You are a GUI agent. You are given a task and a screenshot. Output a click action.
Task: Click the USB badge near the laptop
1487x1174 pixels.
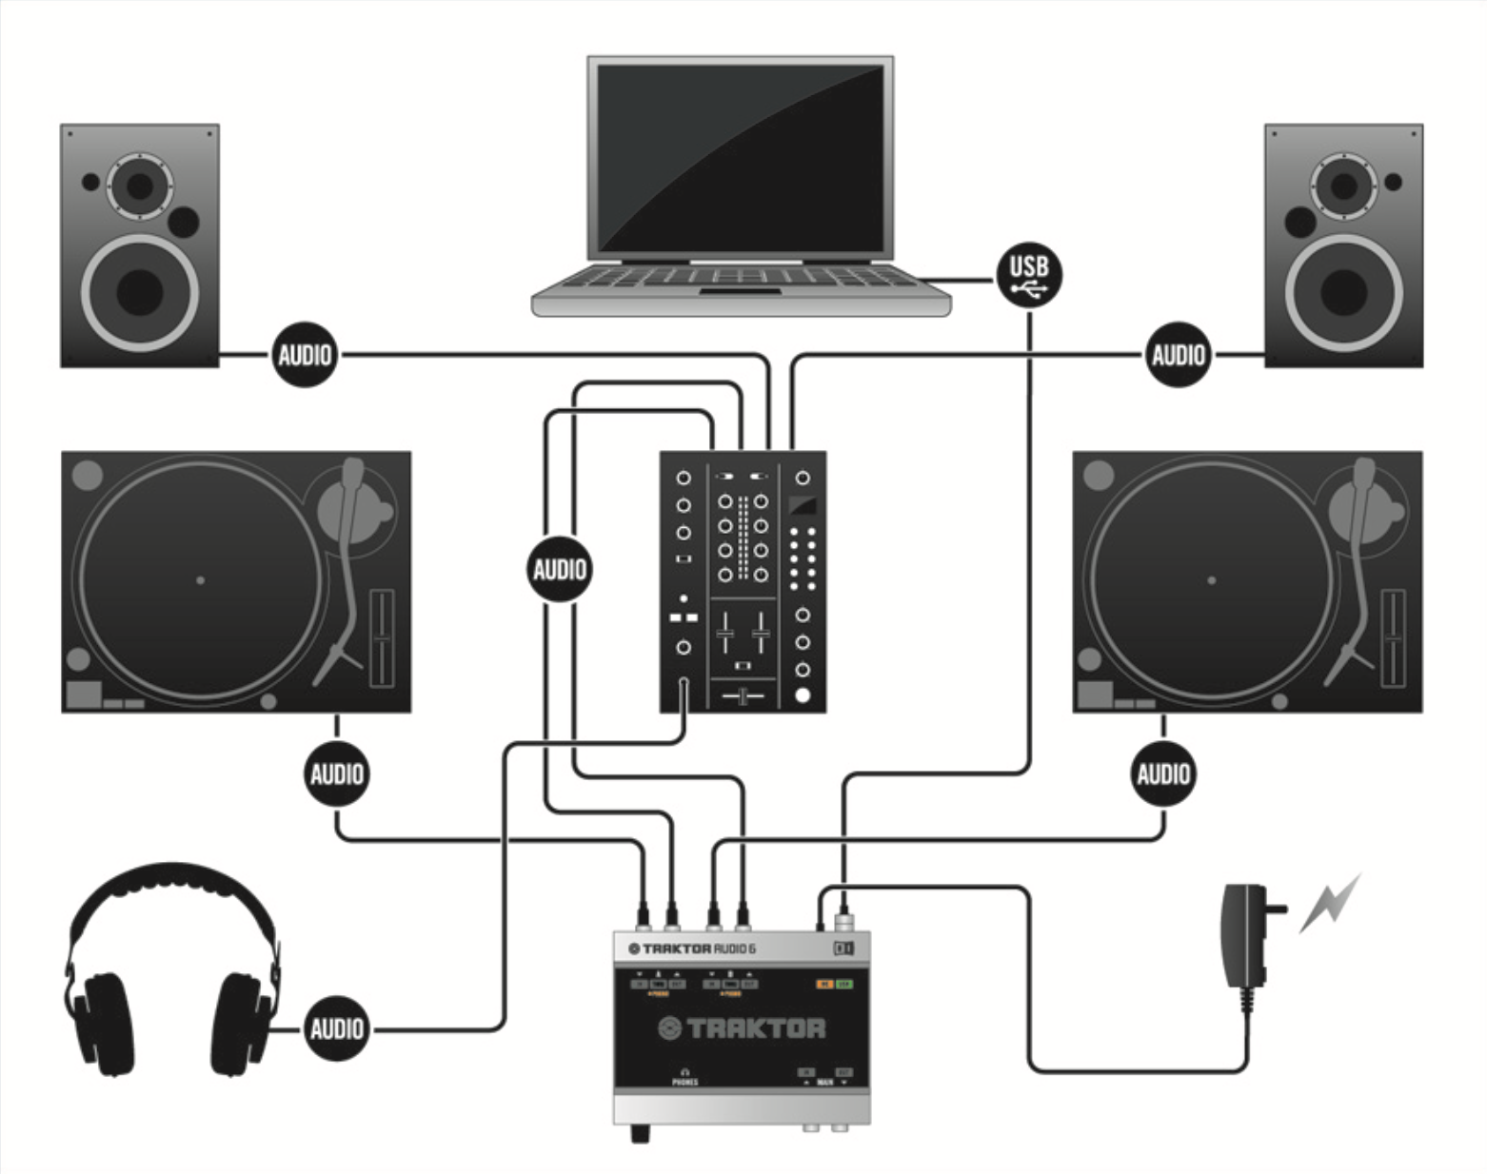[1029, 275]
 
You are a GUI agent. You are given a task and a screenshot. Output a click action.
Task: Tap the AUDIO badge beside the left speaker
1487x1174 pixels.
[305, 355]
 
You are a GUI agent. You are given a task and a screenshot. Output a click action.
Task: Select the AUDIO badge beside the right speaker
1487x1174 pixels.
[1178, 355]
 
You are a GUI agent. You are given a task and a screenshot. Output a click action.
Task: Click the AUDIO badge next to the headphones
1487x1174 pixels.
[336, 1028]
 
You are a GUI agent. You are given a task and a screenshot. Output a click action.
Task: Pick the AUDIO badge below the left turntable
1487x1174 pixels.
[336, 773]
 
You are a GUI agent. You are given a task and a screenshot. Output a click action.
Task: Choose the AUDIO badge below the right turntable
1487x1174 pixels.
[1162, 773]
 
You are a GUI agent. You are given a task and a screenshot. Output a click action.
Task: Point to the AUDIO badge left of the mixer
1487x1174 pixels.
[560, 570]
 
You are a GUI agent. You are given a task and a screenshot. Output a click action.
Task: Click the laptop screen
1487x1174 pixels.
[741, 157]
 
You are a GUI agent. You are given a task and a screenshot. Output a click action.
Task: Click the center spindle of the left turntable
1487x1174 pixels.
[200, 579]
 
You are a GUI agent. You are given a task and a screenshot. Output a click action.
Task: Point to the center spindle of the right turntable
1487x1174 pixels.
[1211, 579]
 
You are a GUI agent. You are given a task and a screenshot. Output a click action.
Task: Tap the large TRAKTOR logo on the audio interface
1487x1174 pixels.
[743, 1028]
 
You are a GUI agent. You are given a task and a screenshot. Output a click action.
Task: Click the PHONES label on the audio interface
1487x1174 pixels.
[684, 1082]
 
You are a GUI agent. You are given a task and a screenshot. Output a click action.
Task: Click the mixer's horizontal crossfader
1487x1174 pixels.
[743, 697]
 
